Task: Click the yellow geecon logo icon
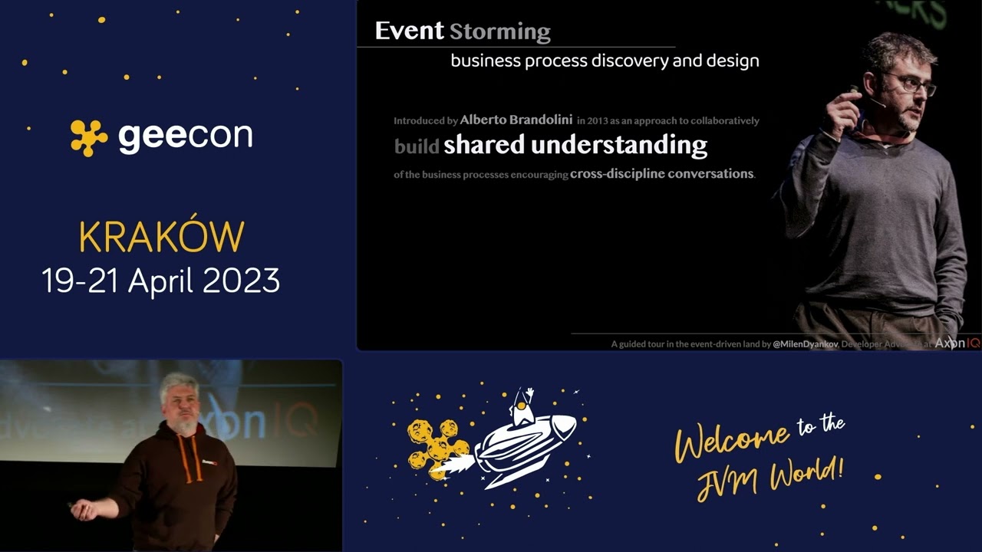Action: pos(89,138)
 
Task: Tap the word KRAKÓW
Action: pos(161,238)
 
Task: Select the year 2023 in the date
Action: pos(242,281)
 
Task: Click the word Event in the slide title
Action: pos(409,31)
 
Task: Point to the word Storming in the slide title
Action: pos(499,32)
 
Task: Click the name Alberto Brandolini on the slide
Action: pos(516,120)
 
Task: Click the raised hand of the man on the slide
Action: pos(845,107)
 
